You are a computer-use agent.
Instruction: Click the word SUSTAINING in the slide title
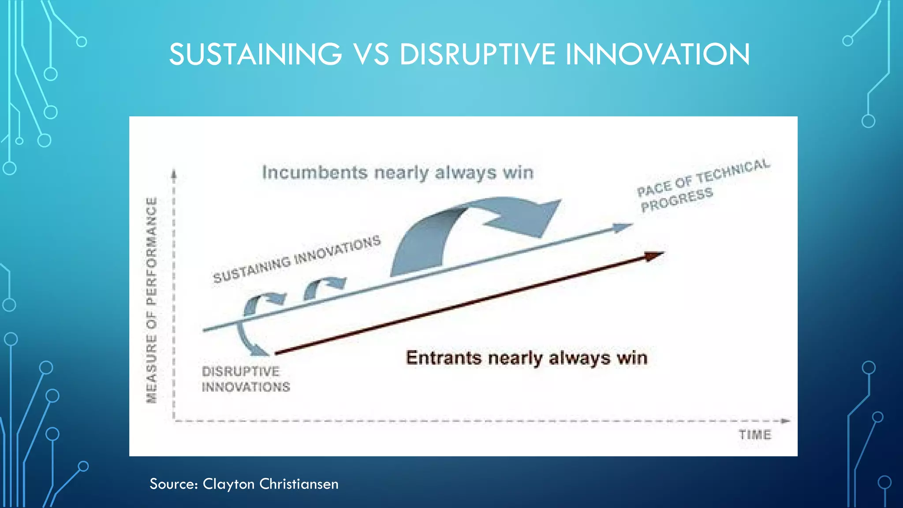coord(255,54)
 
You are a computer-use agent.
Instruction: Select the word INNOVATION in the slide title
coord(657,54)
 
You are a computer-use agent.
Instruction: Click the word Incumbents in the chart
coord(314,172)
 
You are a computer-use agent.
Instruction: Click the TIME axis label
coord(755,435)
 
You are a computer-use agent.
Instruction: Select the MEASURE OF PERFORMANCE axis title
coord(152,300)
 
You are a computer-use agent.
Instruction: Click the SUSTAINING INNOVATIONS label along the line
coord(297,260)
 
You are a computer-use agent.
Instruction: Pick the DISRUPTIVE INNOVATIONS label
coord(245,379)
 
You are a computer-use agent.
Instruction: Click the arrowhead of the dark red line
coord(654,256)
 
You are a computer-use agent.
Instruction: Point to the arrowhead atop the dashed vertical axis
coord(174,174)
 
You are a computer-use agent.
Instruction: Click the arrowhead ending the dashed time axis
coord(785,421)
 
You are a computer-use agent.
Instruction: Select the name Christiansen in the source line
coord(299,484)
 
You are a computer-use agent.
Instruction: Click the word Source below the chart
coord(173,484)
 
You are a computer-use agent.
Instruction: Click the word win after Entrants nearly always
coord(632,358)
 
